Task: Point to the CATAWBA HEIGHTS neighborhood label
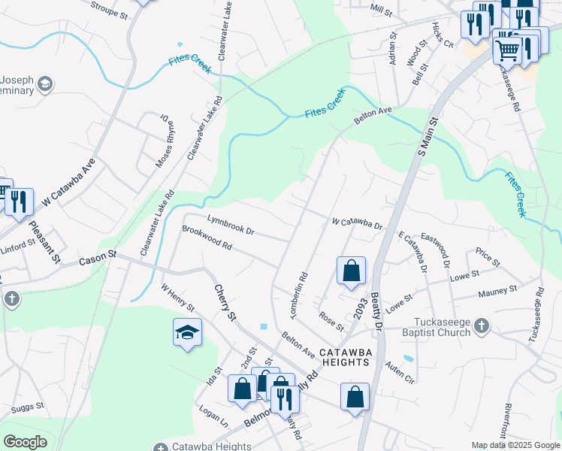click(x=344, y=356)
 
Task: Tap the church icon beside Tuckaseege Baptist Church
click(x=482, y=325)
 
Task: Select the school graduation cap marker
click(x=187, y=333)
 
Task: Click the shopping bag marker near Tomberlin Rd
click(x=351, y=271)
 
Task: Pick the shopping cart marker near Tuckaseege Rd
click(x=507, y=50)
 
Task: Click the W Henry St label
click(x=178, y=297)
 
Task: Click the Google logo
click(x=25, y=442)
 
